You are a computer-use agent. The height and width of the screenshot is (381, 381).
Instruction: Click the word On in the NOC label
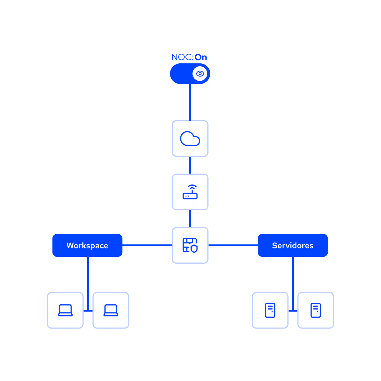coord(201,57)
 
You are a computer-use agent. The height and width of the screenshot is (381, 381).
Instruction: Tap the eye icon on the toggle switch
coord(200,74)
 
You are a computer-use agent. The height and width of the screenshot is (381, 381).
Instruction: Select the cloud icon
coord(190,138)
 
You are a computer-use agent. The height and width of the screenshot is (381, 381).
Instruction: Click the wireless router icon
coord(190,192)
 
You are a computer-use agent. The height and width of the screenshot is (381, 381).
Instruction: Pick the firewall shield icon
coord(190,245)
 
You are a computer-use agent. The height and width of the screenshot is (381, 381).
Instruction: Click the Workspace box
coord(87,245)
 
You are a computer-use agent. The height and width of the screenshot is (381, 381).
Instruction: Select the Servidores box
coord(293,245)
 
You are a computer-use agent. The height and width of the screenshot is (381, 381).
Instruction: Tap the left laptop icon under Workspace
coord(65,310)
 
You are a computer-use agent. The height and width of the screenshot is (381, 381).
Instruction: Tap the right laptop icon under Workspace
coord(111,310)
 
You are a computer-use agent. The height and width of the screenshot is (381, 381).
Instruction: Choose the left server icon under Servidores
coord(270,310)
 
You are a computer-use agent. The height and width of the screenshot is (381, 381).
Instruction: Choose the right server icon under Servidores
coord(316,310)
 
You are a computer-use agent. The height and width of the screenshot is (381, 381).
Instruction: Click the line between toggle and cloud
coord(190,102)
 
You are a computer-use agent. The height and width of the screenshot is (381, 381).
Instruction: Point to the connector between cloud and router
coord(190,165)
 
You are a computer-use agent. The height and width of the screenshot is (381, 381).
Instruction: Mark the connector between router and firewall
coord(190,219)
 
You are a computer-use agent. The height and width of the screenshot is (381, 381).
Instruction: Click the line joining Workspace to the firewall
coord(147,245)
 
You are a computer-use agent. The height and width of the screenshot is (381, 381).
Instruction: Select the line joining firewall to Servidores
coord(233,245)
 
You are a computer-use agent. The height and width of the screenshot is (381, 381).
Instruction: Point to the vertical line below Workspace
coord(88,283)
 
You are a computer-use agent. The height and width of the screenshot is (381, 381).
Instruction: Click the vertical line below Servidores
coord(293,283)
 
